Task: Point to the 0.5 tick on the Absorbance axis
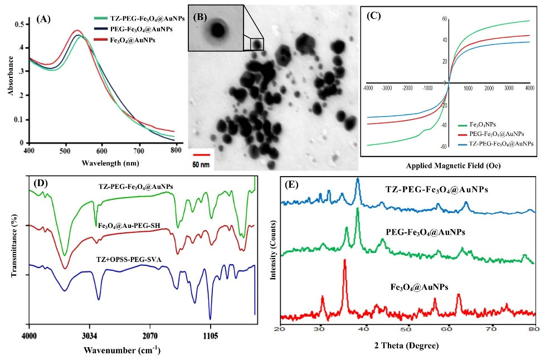(x=20, y=25)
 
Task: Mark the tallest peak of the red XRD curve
(x=344, y=260)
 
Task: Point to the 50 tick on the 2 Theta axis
(x=408, y=329)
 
